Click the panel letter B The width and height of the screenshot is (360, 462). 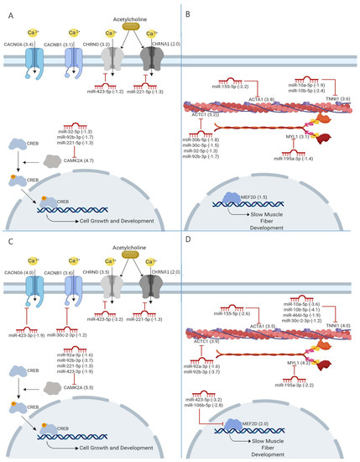tap(188, 14)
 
